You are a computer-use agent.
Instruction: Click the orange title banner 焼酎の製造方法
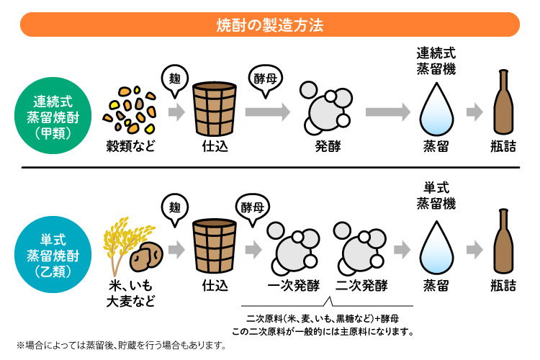click(x=270, y=24)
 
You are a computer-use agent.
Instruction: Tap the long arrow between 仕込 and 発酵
click(x=266, y=112)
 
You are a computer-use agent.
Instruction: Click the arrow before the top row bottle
click(x=474, y=112)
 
